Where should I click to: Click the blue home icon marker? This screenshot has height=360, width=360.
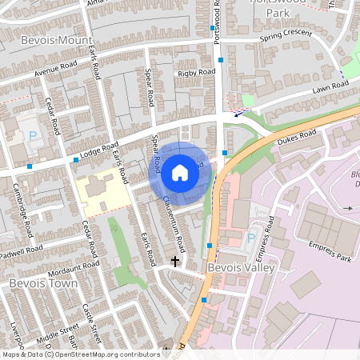coord(180,171)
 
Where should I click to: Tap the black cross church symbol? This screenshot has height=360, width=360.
coord(175,262)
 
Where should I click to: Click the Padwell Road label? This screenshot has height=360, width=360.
coord(22,250)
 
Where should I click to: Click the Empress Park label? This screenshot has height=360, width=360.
coord(334,258)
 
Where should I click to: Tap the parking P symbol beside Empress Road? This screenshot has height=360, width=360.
coord(251,238)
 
